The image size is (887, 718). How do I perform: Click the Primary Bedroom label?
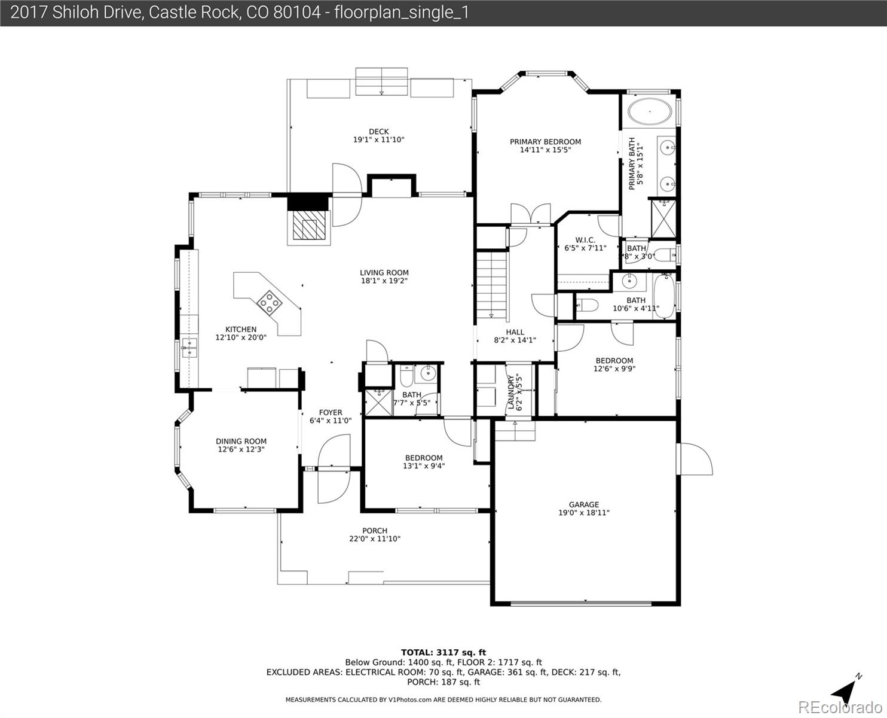tap(545, 142)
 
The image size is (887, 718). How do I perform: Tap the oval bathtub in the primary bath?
tap(650, 111)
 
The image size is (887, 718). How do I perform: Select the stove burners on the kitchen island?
tap(270, 302)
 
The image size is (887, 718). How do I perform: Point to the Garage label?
tap(584, 504)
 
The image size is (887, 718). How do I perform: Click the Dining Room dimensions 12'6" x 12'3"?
tap(241, 449)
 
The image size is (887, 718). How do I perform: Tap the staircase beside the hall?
tap(492, 284)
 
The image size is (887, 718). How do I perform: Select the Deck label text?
tap(379, 132)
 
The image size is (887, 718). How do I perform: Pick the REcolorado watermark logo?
tap(840, 707)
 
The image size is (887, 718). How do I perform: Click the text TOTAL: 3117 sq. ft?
tap(443, 653)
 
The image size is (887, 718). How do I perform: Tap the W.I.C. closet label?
tap(585, 240)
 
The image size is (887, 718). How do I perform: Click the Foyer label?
tap(331, 412)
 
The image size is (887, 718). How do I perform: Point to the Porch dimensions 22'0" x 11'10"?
tap(375, 539)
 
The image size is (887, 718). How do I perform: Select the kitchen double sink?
tap(189, 348)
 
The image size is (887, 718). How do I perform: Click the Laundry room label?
tap(511, 392)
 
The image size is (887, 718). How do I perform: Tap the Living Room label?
tap(384, 273)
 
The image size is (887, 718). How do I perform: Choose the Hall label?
tap(515, 332)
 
